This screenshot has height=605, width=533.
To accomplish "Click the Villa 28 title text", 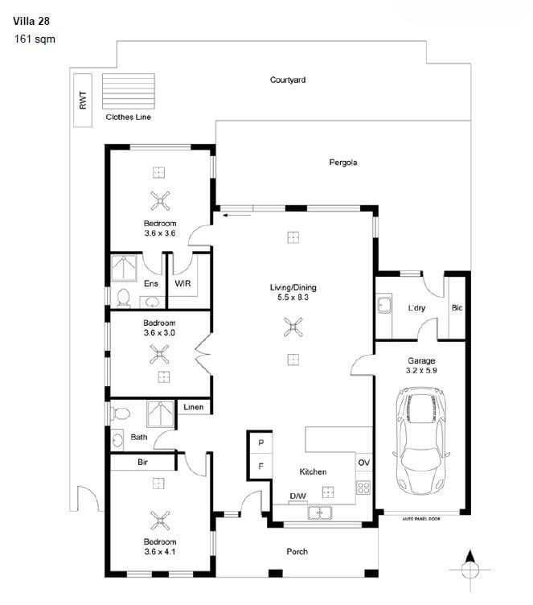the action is coord(31,21).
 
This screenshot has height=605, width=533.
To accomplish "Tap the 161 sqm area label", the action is coord(35,39).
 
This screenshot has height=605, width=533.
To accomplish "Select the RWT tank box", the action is coord(83,101).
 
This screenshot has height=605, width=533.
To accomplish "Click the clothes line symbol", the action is coord(129,91).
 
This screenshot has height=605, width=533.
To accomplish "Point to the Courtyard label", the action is coord(288,80).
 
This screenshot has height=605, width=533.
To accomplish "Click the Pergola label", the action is coord(342,163).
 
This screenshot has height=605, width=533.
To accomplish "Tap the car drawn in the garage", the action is coord(421,441).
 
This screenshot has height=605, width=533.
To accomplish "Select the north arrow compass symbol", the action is coord(469,568).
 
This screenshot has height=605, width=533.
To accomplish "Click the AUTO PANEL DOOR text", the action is coord(421,519).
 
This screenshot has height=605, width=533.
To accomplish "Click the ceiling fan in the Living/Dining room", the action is coord(293,327).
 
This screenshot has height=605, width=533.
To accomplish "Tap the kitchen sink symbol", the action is coord(319,512).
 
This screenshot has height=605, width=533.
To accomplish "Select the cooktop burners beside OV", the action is coord(363,488).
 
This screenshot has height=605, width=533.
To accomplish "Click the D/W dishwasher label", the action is coord(297,496).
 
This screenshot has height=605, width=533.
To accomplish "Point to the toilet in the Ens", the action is coord(124,298).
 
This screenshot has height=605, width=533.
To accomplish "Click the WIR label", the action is coord(182,283).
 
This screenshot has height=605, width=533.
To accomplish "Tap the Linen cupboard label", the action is coord(193,407).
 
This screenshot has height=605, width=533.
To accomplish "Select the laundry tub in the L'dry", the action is coord(383,305).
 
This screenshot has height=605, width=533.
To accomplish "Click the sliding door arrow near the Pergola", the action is coord(237,215).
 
